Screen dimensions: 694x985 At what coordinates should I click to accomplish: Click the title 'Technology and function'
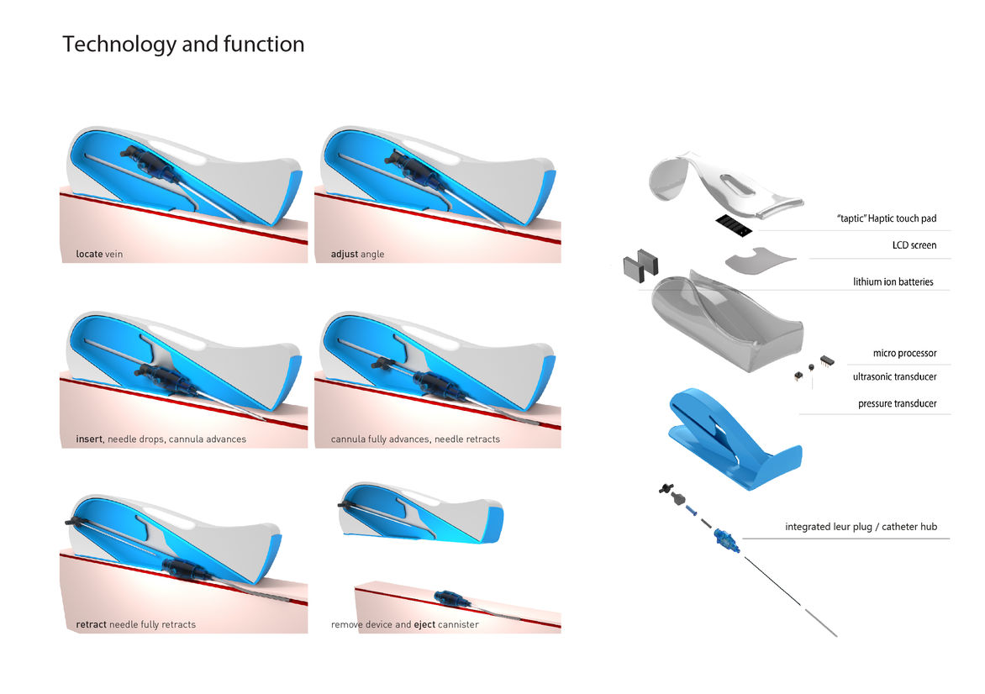tap(183, 45)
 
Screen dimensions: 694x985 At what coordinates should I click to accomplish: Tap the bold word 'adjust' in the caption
tap(345, 254)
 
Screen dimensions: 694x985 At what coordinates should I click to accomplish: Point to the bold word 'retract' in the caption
tap(86, 625)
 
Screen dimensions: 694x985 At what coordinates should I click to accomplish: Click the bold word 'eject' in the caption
tap(424, 625)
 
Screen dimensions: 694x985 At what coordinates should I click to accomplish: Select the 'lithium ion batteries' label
tap(893, 282)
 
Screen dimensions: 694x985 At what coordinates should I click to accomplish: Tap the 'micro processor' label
tap(904, 354)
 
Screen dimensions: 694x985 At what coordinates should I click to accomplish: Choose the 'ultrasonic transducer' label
tap(894, 377)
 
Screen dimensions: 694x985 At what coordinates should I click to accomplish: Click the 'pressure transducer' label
tap(897, 404)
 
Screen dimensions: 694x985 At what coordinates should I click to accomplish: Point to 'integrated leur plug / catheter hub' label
tap(861, 528)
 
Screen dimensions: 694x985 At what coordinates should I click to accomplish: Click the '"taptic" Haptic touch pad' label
tap(886, 218)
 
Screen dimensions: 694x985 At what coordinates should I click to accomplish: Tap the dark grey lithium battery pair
tap(637, 267)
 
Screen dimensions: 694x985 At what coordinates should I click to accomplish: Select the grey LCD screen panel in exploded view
tap(757, 260)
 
